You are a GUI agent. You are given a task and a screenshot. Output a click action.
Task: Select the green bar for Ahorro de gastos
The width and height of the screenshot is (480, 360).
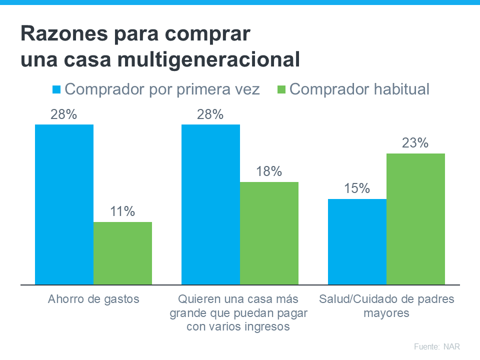122,253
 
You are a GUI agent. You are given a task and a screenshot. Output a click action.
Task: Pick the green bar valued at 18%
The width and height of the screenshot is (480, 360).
269,233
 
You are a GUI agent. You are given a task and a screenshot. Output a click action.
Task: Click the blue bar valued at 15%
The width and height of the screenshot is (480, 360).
357,241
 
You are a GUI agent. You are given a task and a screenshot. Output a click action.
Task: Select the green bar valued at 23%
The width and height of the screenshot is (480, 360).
415,218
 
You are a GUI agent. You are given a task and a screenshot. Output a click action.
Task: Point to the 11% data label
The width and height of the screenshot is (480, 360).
122,211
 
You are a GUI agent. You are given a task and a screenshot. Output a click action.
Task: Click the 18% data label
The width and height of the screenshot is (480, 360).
269,171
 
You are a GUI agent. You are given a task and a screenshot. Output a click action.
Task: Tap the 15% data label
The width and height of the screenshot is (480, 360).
357,188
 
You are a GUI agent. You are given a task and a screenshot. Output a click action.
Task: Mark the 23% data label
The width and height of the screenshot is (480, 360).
415,143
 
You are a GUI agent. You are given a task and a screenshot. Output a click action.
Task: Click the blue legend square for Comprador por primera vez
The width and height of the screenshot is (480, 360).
56,90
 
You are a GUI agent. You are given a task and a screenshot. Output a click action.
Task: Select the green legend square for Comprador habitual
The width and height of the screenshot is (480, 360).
280,90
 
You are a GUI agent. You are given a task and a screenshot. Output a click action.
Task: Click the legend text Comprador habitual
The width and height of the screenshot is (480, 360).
359,89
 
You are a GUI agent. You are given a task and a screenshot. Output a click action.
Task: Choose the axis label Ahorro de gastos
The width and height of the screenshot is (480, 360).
93,299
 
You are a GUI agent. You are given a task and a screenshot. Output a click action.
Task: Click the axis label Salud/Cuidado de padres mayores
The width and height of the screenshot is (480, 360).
386,306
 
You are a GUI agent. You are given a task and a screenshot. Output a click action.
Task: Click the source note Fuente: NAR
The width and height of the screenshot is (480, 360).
436,346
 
